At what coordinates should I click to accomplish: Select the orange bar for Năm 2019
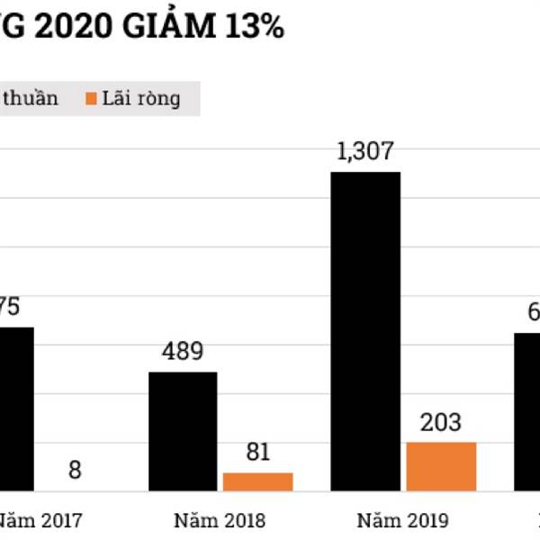[441, 466]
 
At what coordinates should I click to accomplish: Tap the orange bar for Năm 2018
[258, 481]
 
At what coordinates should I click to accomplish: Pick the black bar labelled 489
[183, 431]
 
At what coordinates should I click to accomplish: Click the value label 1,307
[364, 152]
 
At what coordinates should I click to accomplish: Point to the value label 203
[440, 422]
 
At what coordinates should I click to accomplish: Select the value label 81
[258, 453]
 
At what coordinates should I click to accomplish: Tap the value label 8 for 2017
[75, 470]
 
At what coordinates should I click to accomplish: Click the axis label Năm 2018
[220, 520]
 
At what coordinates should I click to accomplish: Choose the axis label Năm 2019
[402, 520]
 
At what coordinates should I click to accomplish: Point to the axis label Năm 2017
[40, 520]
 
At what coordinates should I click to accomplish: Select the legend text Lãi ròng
[140, 98]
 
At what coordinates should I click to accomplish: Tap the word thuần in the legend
[29, 98]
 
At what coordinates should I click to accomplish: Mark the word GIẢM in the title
[172, 27]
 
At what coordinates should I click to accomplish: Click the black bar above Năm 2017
[16, 409]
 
